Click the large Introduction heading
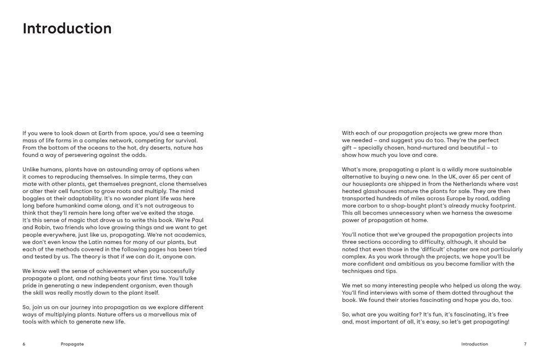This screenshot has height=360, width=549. point(67,29)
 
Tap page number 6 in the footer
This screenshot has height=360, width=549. point(24,344)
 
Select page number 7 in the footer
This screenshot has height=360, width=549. point(525,344)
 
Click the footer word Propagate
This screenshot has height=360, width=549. point(72,344)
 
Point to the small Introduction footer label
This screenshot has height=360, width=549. point(474,344)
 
